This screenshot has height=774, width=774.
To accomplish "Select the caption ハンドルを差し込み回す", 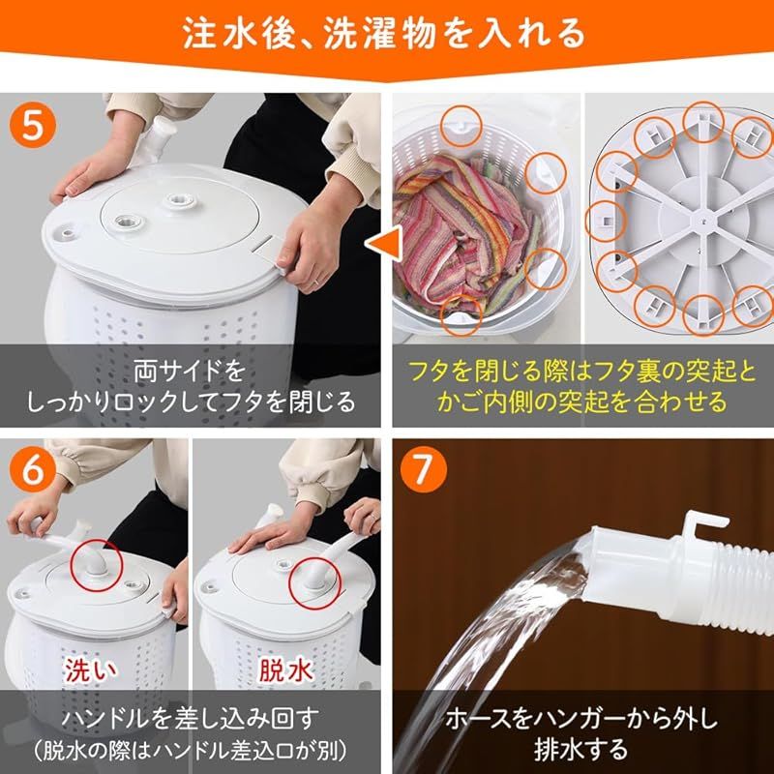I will click(191, 717).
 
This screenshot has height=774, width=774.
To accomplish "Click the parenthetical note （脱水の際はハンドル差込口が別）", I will click(191, 749).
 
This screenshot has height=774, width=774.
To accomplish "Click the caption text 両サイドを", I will click(191, 370).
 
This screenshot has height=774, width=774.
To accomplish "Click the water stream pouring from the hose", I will click(503, 619).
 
